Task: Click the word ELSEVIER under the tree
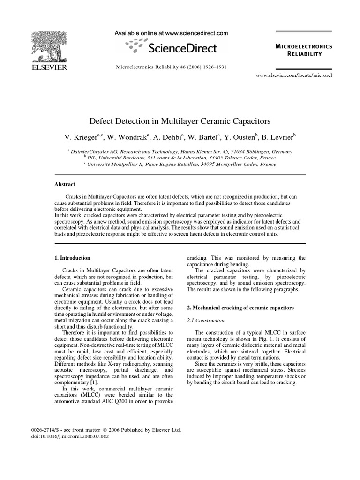click(x=49, y=67)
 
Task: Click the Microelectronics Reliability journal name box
click(x=304, y=50)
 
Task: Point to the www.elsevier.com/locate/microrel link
click(x=293, y=75)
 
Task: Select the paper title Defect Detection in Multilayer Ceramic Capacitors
click(x=180, y=121)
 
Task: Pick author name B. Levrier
click(x=277, y=137)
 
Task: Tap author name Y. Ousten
click(x=238, y=137)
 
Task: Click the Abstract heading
click(x=65, y=185)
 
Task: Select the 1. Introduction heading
click(x=73, y=258)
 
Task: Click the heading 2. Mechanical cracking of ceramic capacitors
click(x=240, y=307)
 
